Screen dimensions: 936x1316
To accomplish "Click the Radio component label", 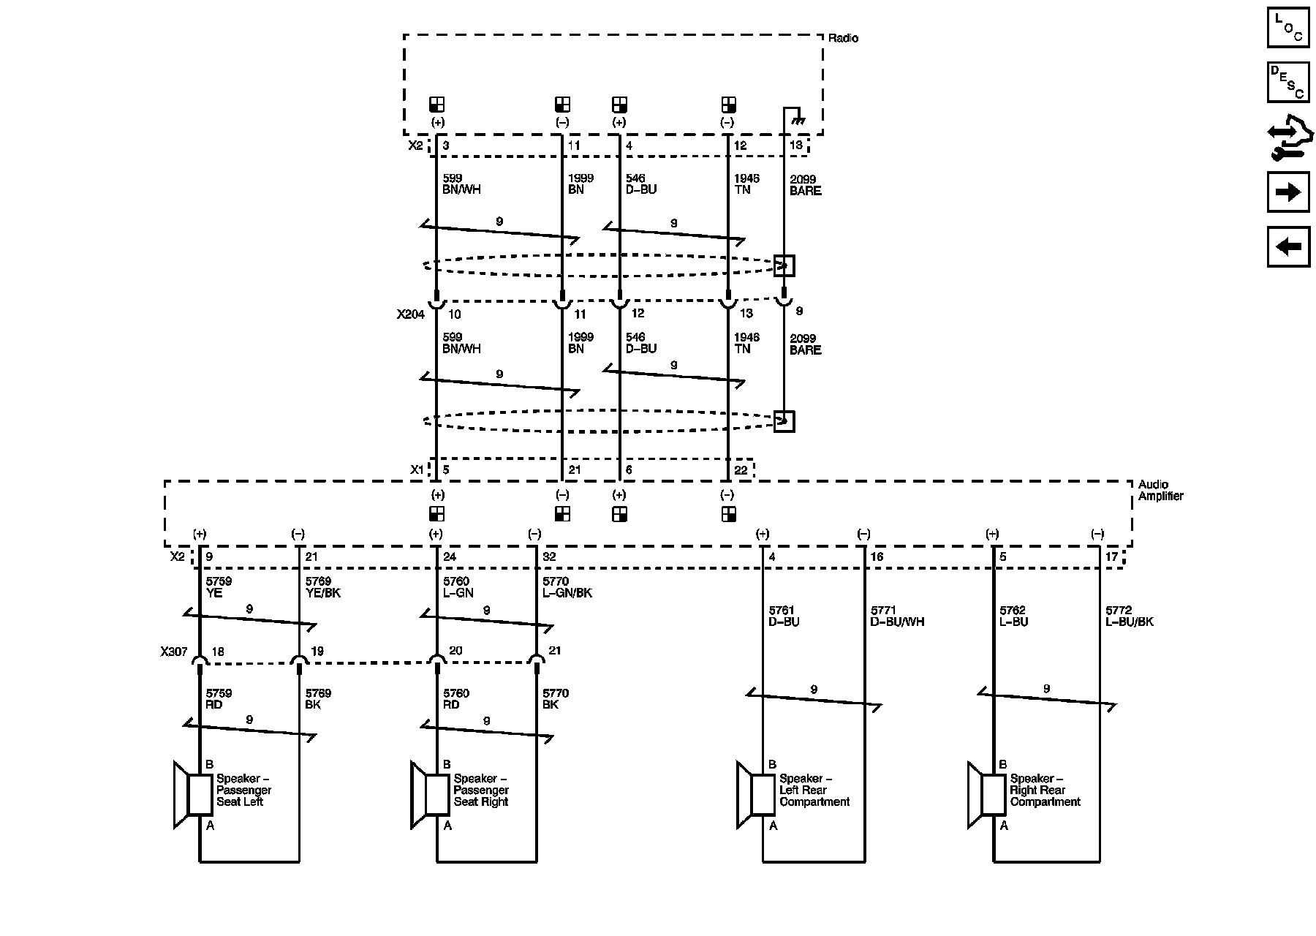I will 843,38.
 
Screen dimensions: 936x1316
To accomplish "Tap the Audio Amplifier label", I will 1160,490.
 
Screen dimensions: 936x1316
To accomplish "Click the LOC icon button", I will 1287,27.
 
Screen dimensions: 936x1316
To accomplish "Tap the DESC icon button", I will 1287,81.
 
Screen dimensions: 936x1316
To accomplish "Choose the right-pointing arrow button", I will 1287,192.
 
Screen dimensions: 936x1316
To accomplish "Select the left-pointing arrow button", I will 1287,246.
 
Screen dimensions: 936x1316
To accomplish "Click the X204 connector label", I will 410,314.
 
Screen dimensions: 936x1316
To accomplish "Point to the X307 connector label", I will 174,651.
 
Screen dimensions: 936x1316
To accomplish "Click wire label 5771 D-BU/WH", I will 897,616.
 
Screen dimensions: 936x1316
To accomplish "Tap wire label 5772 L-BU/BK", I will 1129,616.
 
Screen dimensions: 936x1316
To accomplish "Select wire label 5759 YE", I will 219,587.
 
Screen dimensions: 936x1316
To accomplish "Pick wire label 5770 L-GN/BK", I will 567,587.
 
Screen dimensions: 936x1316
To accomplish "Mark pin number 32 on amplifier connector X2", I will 549,557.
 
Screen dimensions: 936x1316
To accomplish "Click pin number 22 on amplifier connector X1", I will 741,470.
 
